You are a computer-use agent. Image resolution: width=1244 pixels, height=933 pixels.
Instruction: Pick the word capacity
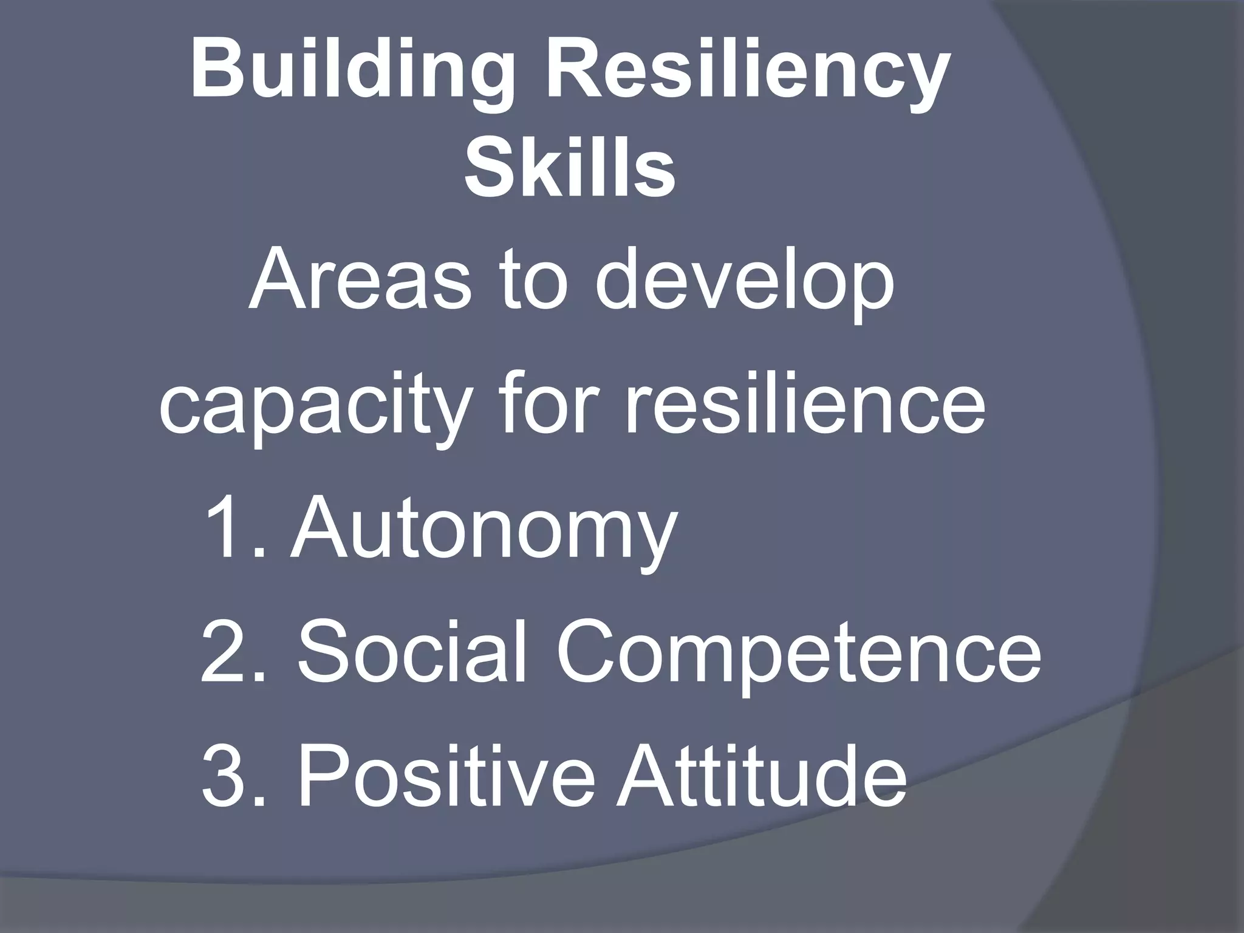coord(315,408)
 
